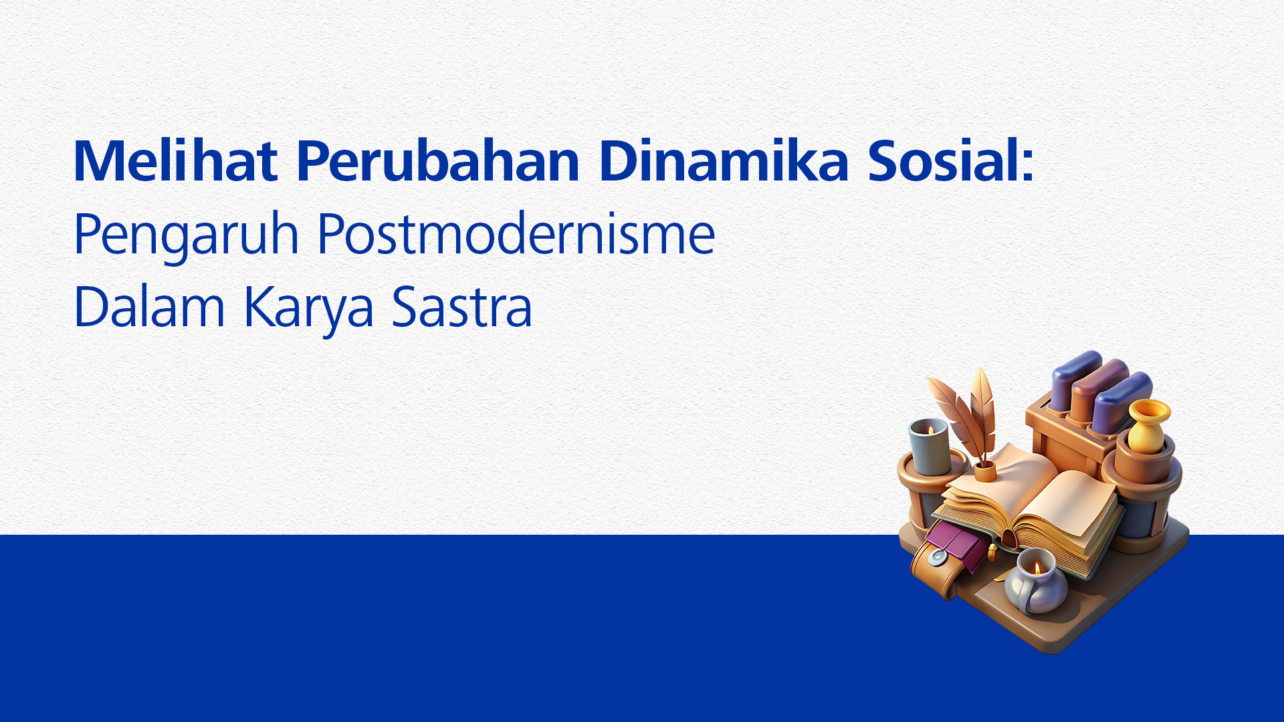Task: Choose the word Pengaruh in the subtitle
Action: [x=186, y=235]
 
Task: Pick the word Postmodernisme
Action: [x=516, y=233]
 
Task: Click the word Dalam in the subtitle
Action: [x=149, y=307]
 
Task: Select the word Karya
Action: [x=308, y=309]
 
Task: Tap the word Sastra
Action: [x=461, y=307]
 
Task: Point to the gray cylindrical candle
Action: [x=930, y=446]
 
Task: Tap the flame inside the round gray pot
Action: [x=1037, y=568]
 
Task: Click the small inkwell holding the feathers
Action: [x=984, y=472]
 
